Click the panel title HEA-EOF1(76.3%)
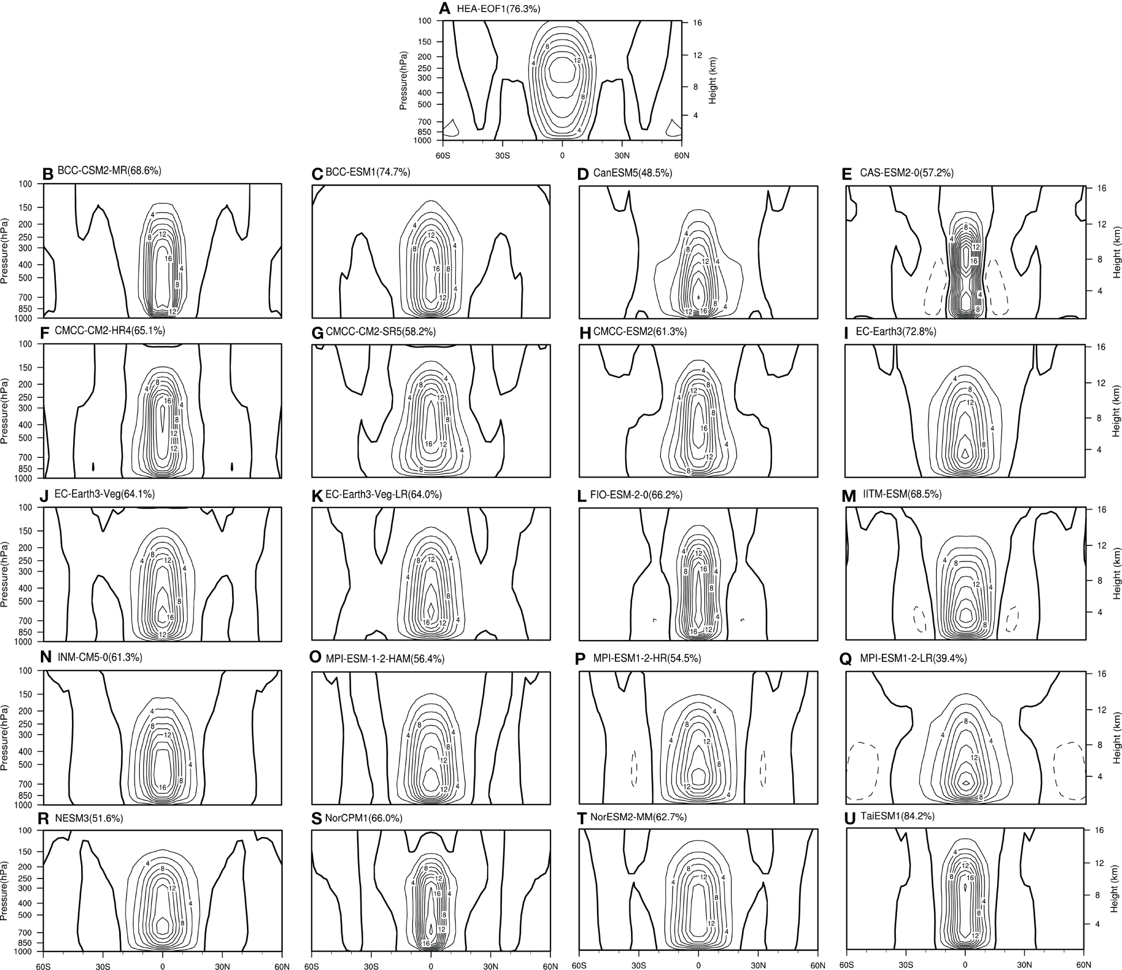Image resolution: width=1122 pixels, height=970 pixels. coord(498,9)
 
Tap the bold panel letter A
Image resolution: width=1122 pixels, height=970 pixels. coord(444,9)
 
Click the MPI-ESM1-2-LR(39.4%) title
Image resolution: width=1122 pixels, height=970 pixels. coord(913,659)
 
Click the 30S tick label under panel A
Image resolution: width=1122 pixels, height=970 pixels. coord(502,156)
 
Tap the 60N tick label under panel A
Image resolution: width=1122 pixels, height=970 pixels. coord(681,156)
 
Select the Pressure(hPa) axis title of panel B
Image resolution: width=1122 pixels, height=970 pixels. coord(6,251)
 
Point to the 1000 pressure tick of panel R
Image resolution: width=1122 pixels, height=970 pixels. coord(25,951)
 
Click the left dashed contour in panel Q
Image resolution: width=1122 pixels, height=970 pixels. coord(862,770)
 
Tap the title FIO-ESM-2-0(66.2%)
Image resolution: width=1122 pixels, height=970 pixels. coord(636,495)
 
